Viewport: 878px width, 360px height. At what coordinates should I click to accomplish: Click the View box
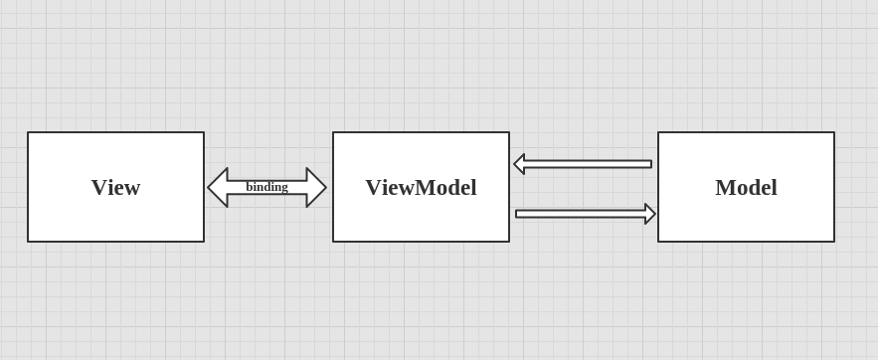point(115,187)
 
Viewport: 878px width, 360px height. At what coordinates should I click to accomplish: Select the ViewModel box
point(421,187)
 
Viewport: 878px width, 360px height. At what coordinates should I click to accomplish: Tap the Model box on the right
point(746,187)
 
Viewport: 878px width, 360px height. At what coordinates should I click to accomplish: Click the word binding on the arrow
point(266,187)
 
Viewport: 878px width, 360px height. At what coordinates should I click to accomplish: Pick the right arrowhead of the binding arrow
point(316,187)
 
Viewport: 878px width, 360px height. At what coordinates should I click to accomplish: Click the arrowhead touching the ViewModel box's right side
point(519,164)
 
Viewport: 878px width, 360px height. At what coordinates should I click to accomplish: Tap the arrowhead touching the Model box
point(650,214)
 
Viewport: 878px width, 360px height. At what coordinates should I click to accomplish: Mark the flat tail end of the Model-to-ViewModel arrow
point(650,164)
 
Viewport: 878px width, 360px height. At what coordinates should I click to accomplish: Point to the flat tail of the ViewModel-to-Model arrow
point(517,214)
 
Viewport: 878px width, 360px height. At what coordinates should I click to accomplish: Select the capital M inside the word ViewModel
point(426,188)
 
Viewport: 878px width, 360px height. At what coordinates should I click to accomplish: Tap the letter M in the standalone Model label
point(725,188)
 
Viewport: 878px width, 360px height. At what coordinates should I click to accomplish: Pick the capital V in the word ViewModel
point(373,188)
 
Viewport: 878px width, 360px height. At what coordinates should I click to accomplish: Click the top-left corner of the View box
point(28,132)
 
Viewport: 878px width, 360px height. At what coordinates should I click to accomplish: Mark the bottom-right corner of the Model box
point(833,241)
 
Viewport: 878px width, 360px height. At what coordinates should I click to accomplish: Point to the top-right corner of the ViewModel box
point(508,132)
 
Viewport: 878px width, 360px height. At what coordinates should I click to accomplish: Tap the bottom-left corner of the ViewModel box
point(333,241)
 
